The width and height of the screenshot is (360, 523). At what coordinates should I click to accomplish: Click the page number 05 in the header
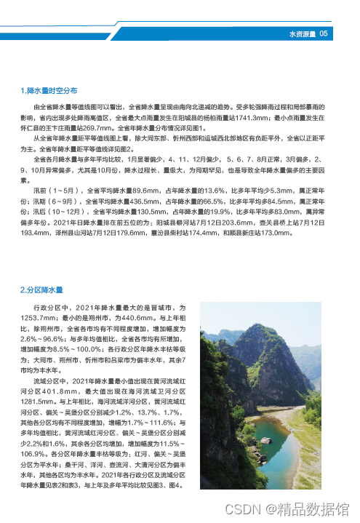(324, 33)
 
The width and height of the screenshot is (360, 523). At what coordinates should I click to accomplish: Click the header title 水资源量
(301, 33)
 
